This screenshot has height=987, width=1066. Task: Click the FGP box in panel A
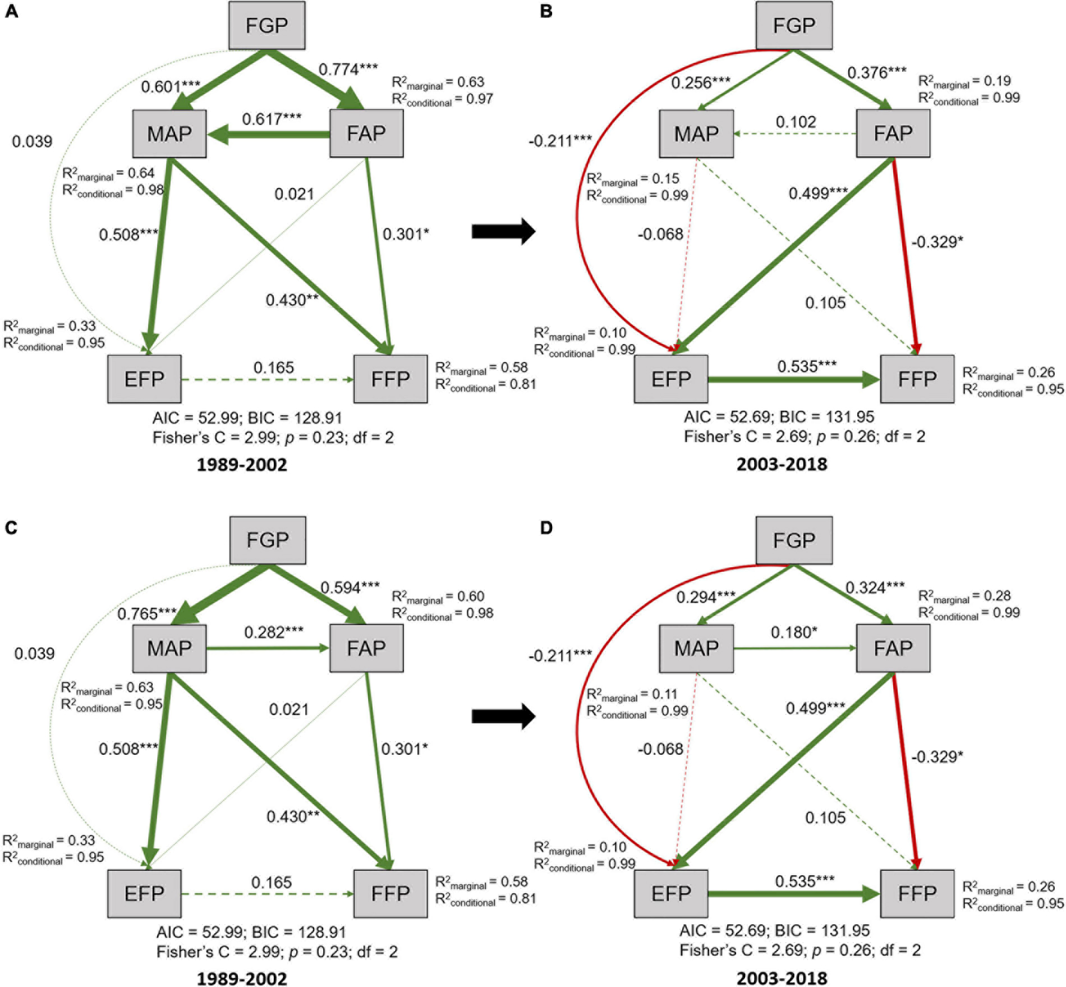266,25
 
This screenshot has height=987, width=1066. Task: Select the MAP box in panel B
696,134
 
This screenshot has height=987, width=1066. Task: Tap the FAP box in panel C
366,648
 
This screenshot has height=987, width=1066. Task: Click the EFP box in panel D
670,893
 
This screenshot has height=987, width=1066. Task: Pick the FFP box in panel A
390,379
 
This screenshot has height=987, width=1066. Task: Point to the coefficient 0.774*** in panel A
348,69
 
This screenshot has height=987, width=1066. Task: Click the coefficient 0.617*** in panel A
272,119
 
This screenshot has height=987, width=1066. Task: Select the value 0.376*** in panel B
876,72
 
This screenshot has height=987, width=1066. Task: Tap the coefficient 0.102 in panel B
796,122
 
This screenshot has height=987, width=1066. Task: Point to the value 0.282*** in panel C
274,632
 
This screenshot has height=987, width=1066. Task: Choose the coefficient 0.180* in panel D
794,632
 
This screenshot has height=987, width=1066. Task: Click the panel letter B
546,11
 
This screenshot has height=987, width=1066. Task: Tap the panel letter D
546,527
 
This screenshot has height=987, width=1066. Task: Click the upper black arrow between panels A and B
503,231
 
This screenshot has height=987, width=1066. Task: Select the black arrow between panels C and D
503,716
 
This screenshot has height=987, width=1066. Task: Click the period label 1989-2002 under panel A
241,465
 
